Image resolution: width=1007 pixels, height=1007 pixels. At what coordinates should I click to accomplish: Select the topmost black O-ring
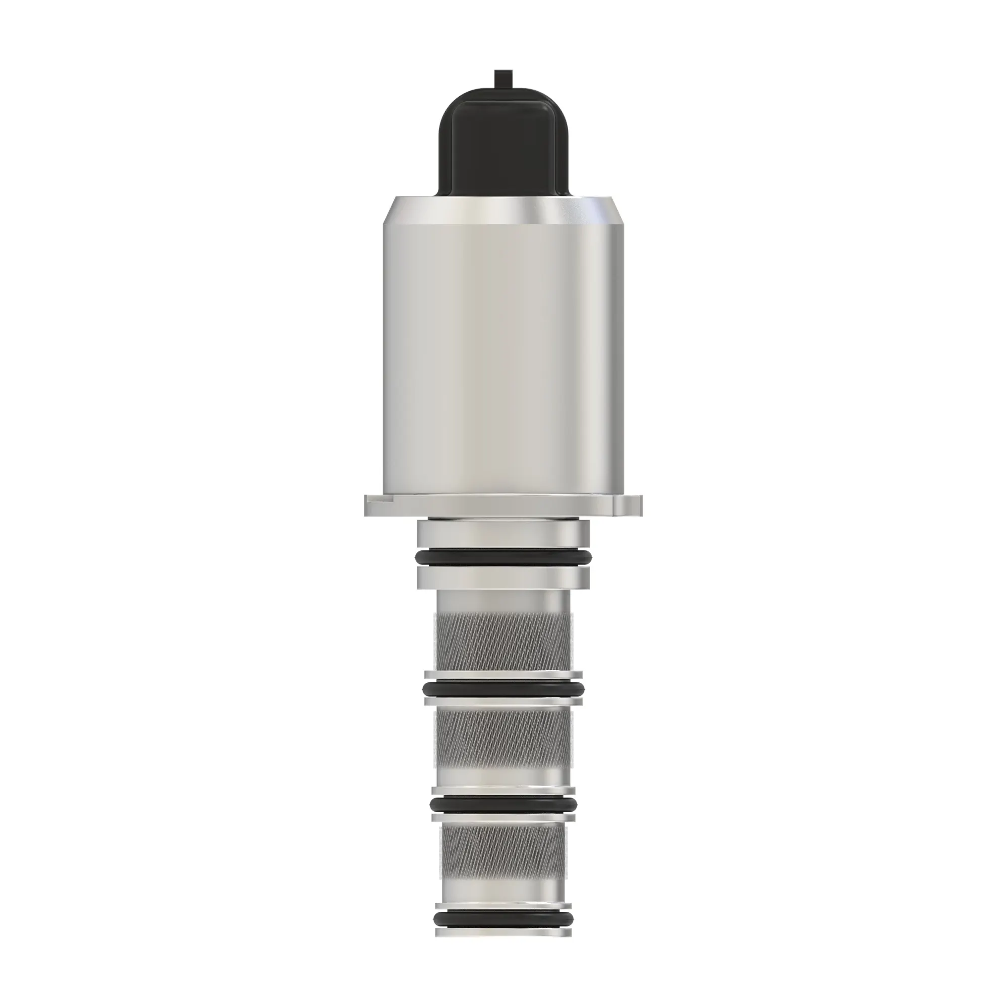click(x=503, y=558)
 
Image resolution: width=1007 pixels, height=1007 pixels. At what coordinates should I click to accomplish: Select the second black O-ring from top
click(x=503, y=689)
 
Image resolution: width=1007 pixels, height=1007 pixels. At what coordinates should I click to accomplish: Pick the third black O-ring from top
click(x=503, y=819)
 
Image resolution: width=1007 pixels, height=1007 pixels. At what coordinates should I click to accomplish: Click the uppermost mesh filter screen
click(x=503, y=641)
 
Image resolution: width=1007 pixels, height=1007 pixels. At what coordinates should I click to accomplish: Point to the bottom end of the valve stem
click(x=503, y=950)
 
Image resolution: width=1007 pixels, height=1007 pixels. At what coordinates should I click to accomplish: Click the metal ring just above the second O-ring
click(x=503, y=675)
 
